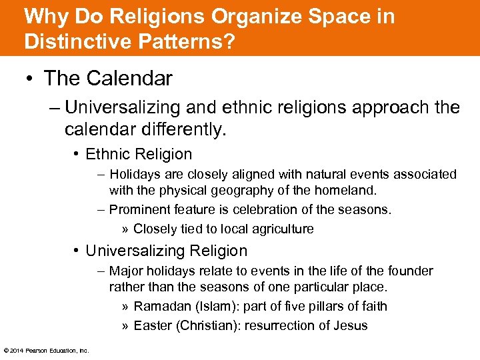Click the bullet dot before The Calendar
pos(31,79)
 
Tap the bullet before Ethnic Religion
pos(77,155)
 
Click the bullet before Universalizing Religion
pos(77,251)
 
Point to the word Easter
pos(152,325)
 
